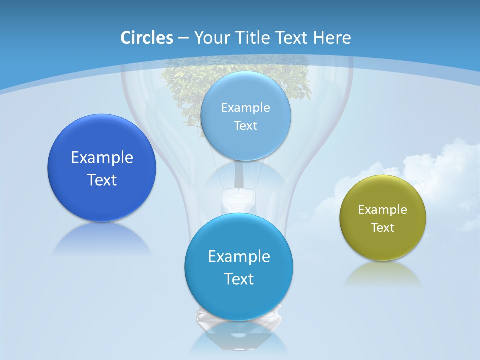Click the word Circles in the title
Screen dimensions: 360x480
click(x=146, y=38)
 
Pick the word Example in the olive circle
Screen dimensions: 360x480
click(x=383, y=210)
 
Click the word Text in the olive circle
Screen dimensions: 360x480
click(x=383, y=228)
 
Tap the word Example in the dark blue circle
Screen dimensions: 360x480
click(x=102, y=158)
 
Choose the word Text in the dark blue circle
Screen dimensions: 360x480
click(x=102, y=180)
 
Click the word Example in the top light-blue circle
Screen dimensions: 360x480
click(x=245, y=108)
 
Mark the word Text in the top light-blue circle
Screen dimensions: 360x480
click(x=245, y=126)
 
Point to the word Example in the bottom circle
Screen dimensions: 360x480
click(x=239, y=257)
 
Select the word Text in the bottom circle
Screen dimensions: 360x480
click(x=239, y=279)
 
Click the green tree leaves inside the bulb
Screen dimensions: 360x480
click(x=190, y=85)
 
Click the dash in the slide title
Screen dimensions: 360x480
click(x=183, y=38)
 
